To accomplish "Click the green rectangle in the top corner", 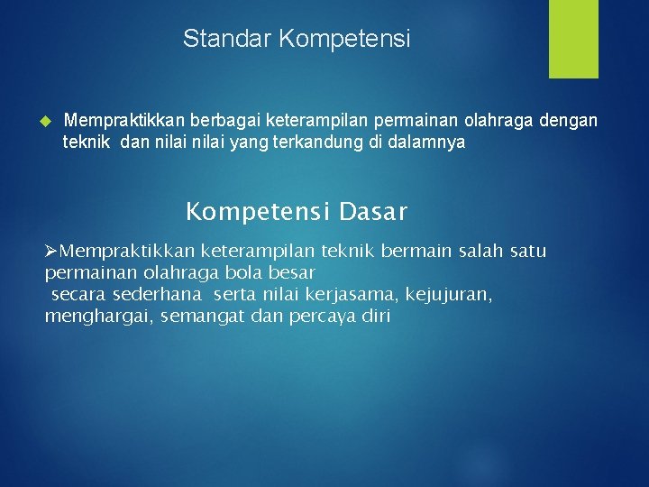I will pos(573,39).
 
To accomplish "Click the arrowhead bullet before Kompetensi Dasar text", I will pos(52,250).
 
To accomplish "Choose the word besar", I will pos(294,271).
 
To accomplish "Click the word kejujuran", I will pos(449,295).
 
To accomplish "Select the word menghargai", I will pos(97,317).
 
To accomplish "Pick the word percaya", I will pos(322,317).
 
